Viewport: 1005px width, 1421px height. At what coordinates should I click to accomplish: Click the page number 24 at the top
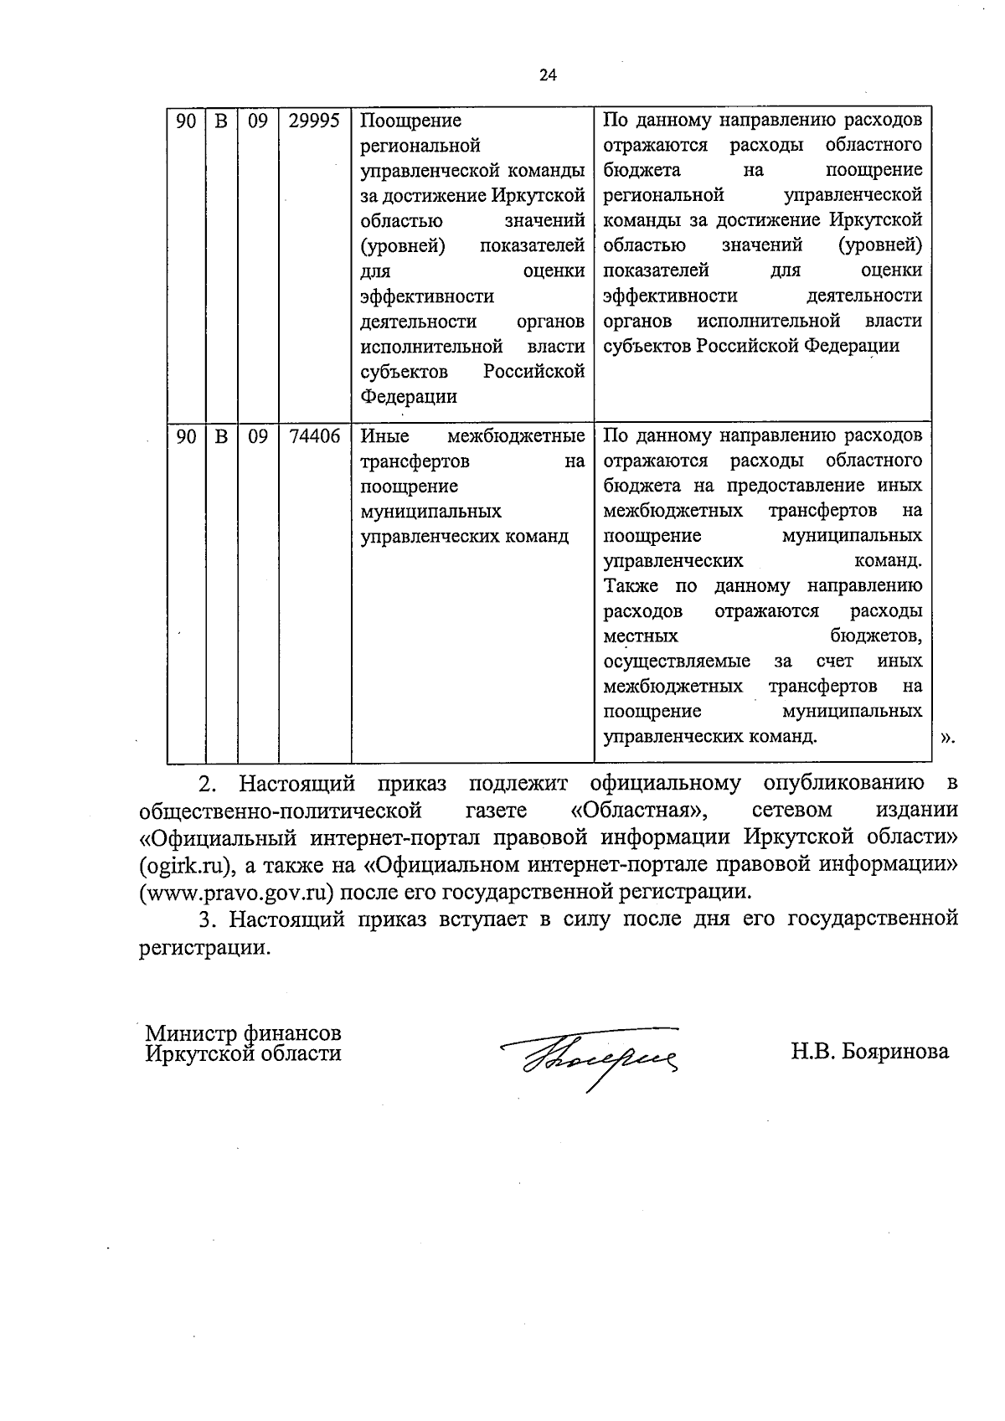[x=548, y=75]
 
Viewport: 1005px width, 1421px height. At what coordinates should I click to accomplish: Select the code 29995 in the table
[x=314, y=121]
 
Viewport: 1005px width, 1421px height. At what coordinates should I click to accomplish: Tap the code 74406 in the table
[x=314, y=436]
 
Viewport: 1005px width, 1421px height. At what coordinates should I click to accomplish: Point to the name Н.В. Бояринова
[x=870, y=1052]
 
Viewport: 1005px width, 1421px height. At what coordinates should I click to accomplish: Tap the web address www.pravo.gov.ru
[x=231, y=891]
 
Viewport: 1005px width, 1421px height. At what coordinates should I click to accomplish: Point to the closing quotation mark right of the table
[x=946, y=738]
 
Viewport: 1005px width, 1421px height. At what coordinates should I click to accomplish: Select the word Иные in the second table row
[x=384, y=436]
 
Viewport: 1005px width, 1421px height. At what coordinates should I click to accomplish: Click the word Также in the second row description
[x=631, y=586]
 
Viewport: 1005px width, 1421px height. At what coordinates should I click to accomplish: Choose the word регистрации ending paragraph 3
[x=205, y=948]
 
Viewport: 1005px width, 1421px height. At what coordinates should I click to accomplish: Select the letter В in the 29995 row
[x=221, y=121]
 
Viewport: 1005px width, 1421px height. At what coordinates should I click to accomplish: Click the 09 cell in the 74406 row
[x=258, y=436]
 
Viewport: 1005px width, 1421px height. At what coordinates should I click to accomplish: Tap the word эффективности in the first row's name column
[x=427, y=296]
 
